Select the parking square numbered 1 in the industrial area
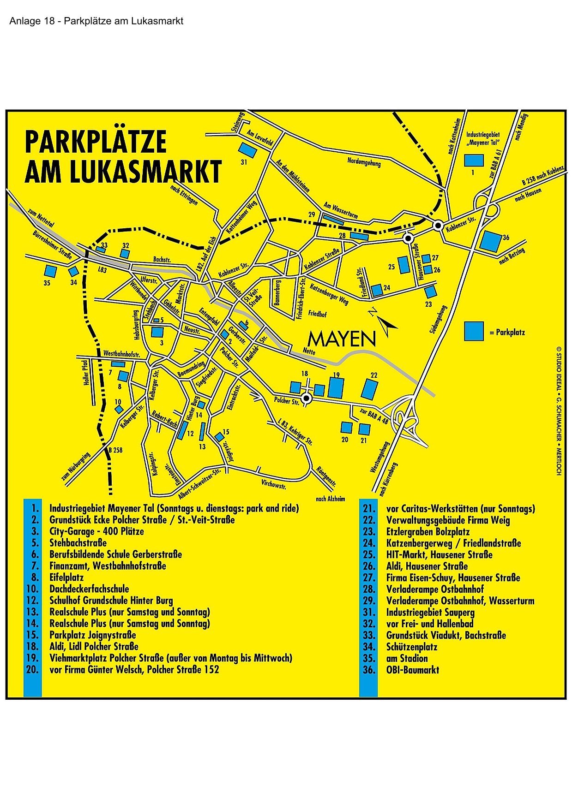(x=474, y=161)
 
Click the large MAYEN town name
(x=342, y=339)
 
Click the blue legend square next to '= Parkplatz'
(x=474, y=331)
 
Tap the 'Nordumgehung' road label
(x=364, y=161)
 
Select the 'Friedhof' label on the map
(x=317, y=315)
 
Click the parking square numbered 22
(x=369, y=389)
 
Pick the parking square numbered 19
(x=336, y=387)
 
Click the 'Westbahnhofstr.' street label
(x=121, y=354)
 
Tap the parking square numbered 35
(x=49, y=271)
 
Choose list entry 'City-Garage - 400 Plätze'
(x=96, y=531)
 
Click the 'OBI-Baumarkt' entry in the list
(x=412, y=670)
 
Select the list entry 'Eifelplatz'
(x=66, y=577)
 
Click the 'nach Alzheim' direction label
(x=330, y=499)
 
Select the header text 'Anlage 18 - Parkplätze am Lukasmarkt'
(x=96, y=21)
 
